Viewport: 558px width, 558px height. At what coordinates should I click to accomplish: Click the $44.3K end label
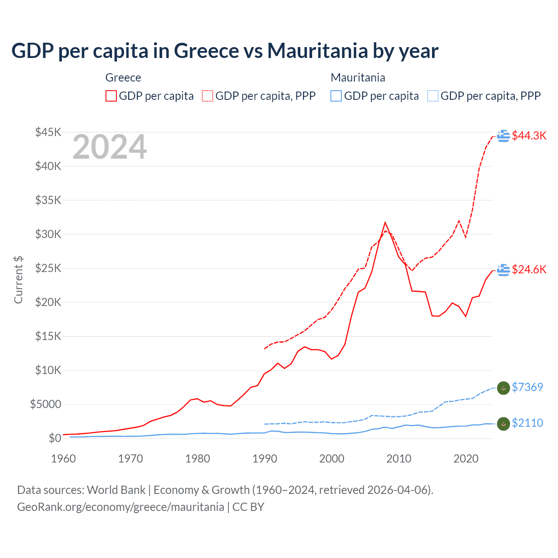529,136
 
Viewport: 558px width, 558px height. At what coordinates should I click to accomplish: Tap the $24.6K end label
529,269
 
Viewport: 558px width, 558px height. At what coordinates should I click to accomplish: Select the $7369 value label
527,387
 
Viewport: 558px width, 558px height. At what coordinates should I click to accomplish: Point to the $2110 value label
527,423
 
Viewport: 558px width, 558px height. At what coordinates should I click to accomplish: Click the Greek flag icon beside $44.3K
504,136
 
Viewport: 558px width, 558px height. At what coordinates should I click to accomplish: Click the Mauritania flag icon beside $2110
504,424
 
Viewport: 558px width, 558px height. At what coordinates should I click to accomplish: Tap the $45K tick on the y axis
48,132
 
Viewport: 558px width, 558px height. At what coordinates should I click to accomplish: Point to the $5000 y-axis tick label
45,404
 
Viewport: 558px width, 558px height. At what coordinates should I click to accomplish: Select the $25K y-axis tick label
48,268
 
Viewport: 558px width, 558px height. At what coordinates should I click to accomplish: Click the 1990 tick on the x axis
265,459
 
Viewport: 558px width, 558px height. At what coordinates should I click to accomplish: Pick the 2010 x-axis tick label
399,459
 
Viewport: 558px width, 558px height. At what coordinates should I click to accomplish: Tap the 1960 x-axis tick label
64,459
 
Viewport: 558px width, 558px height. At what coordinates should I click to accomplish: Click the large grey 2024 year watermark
109,147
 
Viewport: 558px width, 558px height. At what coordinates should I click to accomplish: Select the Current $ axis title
18,279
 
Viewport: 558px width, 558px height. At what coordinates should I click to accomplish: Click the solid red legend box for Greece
111,96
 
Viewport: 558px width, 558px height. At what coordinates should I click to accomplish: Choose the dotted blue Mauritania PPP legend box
433,96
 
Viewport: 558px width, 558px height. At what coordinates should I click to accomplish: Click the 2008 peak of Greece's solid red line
385,223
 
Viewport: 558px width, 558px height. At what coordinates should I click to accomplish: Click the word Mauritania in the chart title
317,51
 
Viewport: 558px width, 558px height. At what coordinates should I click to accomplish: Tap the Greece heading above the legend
123,78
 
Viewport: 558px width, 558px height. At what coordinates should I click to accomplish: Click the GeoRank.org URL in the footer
120,507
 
